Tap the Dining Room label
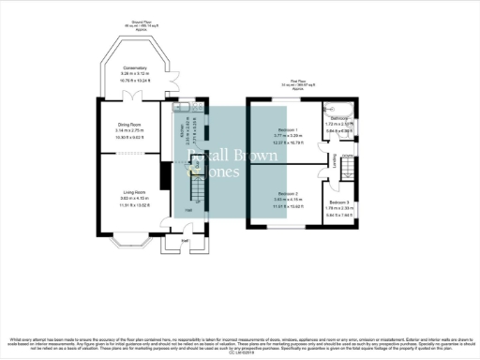[x=128, y=125]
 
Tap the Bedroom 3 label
[x=338, y=202]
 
